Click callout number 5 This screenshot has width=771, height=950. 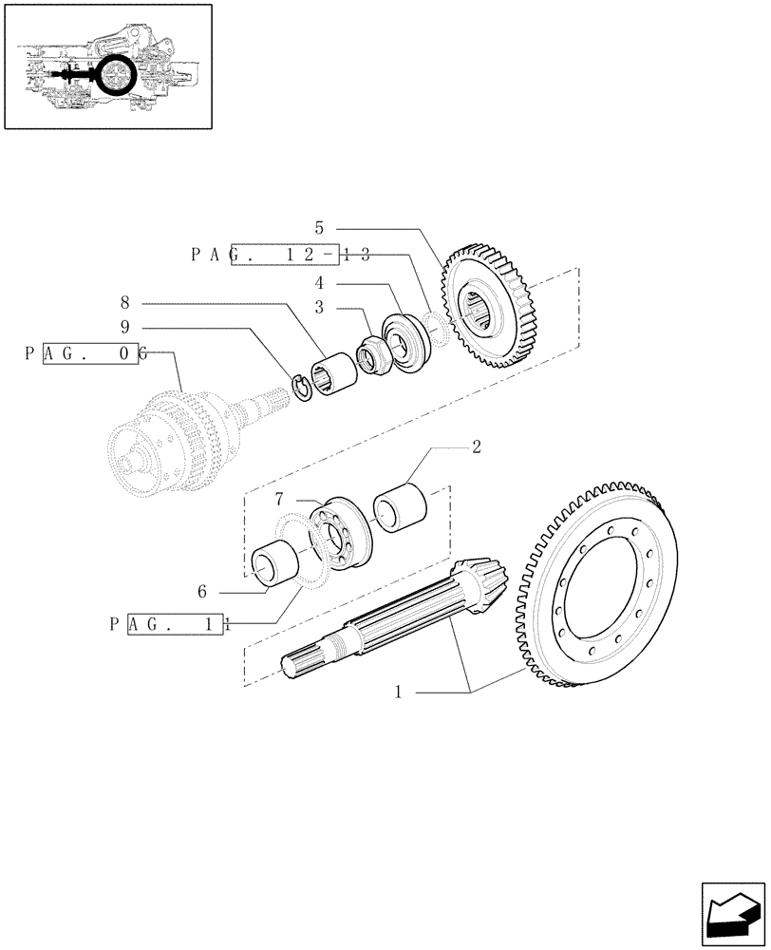coord(319,228)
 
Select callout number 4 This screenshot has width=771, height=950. coord(319,283)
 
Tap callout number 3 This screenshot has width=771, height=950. coord(319,308)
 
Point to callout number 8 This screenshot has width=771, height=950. coord(124,303)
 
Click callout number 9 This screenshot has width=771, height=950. coord(124,329)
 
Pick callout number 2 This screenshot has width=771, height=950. coord(476,446)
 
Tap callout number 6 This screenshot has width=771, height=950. coord(201,591)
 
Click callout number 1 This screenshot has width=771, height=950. coord(400,693)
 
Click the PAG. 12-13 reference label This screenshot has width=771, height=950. coord(280,255)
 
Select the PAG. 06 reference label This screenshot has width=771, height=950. coord(85,353)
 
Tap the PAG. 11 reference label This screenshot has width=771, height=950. coord(167,624)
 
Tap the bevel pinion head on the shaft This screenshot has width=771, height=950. coord(480,583)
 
